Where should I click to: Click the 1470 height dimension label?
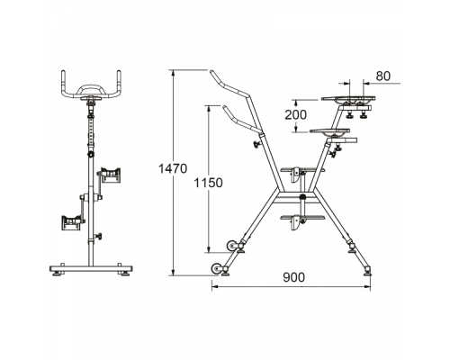[173, 169]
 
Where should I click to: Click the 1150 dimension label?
[209, 183]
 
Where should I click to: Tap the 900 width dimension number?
[294, 277]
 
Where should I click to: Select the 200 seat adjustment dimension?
[295, 114]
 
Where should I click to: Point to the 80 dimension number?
[383, 76]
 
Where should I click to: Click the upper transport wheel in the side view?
[231, 246]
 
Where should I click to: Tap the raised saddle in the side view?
[348, 98]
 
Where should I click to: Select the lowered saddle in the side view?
[329, 130]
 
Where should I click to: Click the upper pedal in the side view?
[301, 171]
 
